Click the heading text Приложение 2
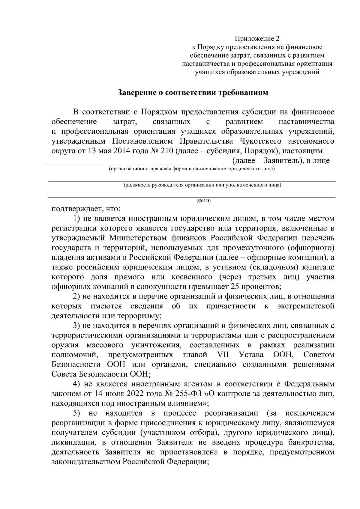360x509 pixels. tap(257, 39)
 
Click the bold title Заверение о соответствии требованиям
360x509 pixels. tap(193, 93)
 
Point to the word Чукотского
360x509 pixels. tap(261, 141)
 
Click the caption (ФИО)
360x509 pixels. tap(204, 201)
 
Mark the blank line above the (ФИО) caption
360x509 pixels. tap(192, 197)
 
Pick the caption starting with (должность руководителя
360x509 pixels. tap(202, 185)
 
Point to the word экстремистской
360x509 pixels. tap(306, 306)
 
